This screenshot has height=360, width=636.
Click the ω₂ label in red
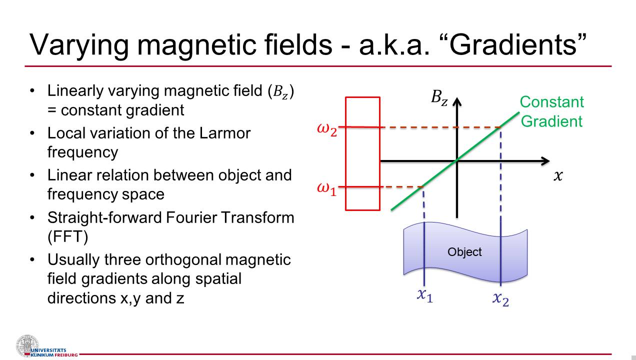(x=327, y=129)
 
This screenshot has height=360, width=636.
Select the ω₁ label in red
(x=327, y=189)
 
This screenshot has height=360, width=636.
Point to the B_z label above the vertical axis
(x=439, y=97)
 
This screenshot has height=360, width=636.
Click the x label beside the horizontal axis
(x=558, y=176)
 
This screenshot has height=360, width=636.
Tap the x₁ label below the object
(x=425, y=295)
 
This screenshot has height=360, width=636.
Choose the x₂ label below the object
(x=500, y=298)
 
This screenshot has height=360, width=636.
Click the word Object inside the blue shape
(x=464, y=252)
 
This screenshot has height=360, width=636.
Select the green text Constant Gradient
(x=551, y=111)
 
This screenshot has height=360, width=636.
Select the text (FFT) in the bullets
(x=67, y=236)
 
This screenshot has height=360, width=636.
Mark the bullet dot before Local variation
(x=32, y=133)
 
